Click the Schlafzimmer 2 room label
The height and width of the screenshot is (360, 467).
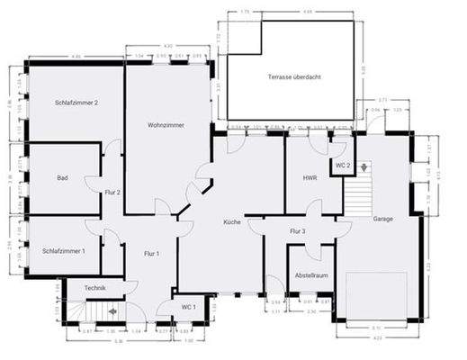pos(76,103)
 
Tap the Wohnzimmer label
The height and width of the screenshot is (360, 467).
pos(166,125)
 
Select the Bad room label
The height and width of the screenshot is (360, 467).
pos(62,178)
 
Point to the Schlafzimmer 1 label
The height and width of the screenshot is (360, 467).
pos(64,250)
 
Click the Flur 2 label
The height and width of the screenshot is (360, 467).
pos(112,192)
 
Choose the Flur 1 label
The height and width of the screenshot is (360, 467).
pos(151,253)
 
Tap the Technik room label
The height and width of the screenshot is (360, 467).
pos(95,287)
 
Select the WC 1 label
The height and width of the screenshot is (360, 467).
pos(187,308)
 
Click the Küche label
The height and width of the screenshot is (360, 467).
pos(233,220)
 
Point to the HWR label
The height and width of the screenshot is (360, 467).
pos(310,178)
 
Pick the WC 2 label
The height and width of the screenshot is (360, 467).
pos(342,166)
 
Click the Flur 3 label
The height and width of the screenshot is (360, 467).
pos(298,231)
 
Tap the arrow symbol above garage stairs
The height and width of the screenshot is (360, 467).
pos(362,167)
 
